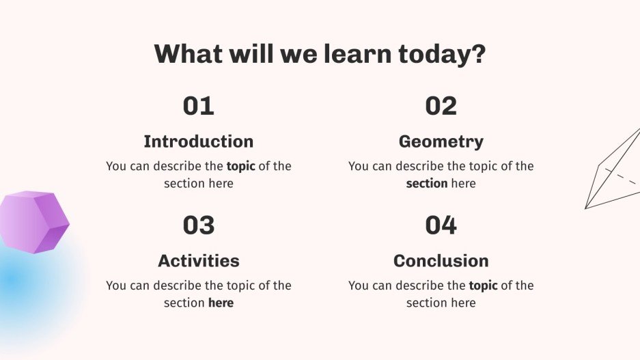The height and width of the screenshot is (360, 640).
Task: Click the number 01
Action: (x=198, y=106)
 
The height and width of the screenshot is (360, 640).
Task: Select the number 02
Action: (x=441, y=106)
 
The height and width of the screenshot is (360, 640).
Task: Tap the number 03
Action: (x=198, y=225)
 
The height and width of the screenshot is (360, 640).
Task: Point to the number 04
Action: (x=441, y=225)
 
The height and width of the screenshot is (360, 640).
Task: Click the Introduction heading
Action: (x=198, y=141)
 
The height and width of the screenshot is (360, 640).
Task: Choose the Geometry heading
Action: (x=441, y=141)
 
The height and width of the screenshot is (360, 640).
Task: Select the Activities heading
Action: (x=198, y=260)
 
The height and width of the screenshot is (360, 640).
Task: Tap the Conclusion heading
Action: (x=441, y=260)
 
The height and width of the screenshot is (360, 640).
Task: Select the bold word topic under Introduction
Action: (x=240, y=166)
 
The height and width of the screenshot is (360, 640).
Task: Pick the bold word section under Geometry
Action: (x=427, y=184)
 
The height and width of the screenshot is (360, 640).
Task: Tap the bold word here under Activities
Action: (x=221, y=303)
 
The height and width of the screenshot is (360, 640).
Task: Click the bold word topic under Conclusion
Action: (x=483, y=286)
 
